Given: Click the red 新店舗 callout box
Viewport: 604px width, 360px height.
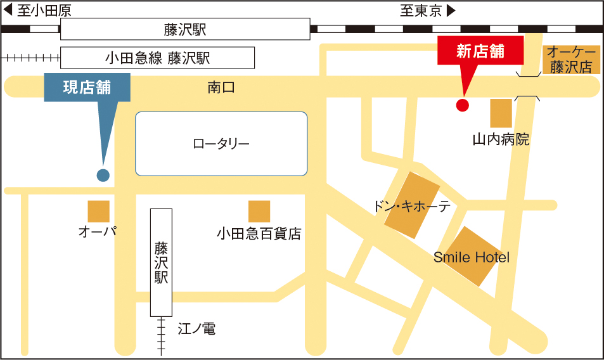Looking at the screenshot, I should [480, 51].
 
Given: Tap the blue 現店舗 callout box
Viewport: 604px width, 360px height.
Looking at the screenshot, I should [87, 87].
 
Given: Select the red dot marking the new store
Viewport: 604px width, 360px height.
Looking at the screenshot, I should [463, 105].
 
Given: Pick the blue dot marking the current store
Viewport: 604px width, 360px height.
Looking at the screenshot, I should [103, 175].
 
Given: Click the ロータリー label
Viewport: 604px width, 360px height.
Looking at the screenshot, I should [221, 144].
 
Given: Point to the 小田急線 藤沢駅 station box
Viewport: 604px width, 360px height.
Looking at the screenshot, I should [157, 58].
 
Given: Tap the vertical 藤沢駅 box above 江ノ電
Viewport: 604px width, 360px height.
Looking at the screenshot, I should [161, 262].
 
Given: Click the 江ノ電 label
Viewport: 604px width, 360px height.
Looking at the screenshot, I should [196, 329].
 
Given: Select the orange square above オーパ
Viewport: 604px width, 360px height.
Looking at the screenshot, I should [98, 211].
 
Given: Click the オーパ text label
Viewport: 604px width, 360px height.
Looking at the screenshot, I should [98, 231].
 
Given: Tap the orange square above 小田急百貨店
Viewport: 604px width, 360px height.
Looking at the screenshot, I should [259, 211].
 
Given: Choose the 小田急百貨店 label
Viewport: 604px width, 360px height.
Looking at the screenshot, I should [259, 234].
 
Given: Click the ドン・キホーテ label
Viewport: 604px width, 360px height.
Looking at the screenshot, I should [411, 207].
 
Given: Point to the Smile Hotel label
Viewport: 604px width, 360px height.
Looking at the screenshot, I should [472, 257].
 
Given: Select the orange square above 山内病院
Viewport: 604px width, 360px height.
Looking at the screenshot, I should [501, 113].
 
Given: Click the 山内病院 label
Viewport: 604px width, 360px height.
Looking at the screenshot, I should [501, 139].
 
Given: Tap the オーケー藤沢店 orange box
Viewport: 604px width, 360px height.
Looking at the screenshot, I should [570, 60].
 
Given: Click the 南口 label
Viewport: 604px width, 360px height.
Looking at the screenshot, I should [221, 87].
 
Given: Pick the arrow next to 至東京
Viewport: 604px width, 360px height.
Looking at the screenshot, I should [451, 11].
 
